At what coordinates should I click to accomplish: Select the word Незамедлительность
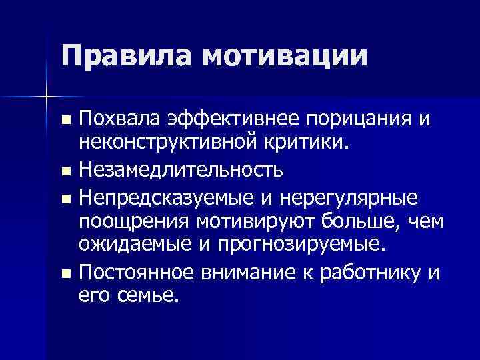(x=180, y=171)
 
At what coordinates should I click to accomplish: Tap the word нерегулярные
(x=349, y=200)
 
